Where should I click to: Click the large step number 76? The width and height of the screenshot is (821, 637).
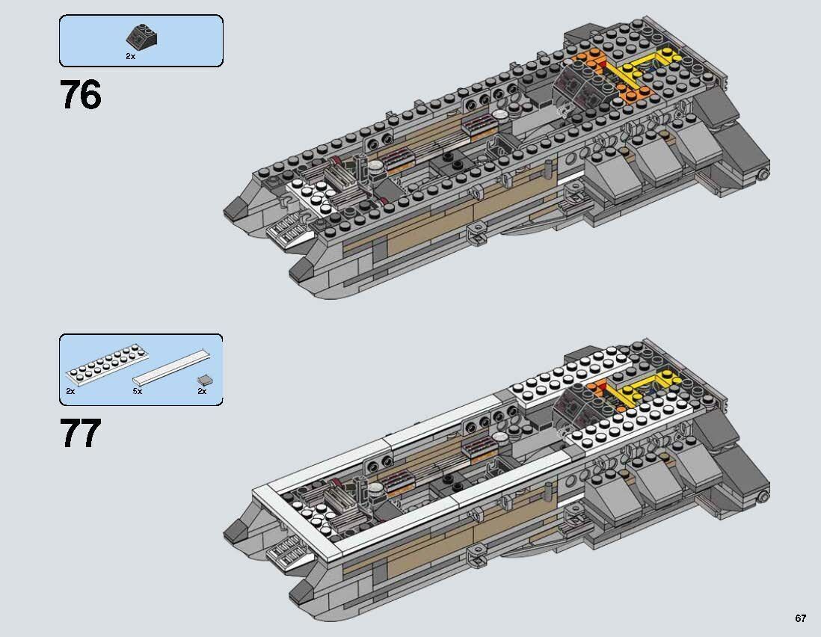(x=80, y=96)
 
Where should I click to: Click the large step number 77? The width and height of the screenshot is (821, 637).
(x=80, y=434)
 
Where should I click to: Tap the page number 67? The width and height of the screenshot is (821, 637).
(x=801, y=618)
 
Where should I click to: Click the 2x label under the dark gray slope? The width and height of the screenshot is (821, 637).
(x=131, y=57)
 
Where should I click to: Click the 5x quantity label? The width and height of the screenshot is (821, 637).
(x=137, y=391)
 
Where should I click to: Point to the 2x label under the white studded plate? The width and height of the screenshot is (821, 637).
(x=70, y=391)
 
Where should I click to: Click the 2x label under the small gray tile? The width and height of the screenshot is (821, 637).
(x=202, y=391)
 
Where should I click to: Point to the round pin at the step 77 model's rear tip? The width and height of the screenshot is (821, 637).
(x=763, y=496)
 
